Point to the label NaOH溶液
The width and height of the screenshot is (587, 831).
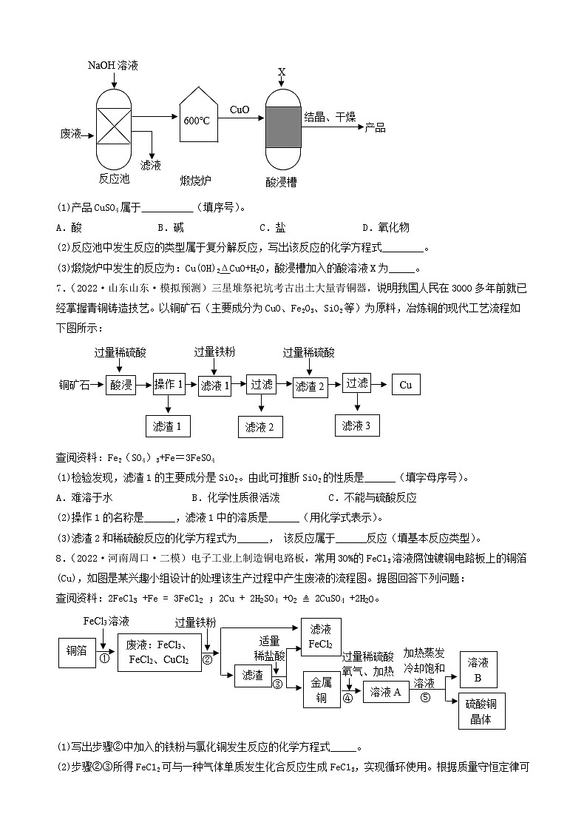coord(112,66)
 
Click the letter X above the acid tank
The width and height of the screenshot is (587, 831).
coord(282,72)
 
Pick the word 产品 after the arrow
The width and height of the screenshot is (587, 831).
coord(375,128)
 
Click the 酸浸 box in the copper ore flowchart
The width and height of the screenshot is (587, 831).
coord(121,386)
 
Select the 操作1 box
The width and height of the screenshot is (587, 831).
coord(169,384)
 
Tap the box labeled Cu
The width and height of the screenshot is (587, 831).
coord(405,385)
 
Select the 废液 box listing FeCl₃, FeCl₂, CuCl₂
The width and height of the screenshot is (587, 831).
coord(160,652)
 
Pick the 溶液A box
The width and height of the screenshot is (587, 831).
coord(385,692)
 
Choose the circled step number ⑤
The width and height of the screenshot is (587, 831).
coord(424,696)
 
